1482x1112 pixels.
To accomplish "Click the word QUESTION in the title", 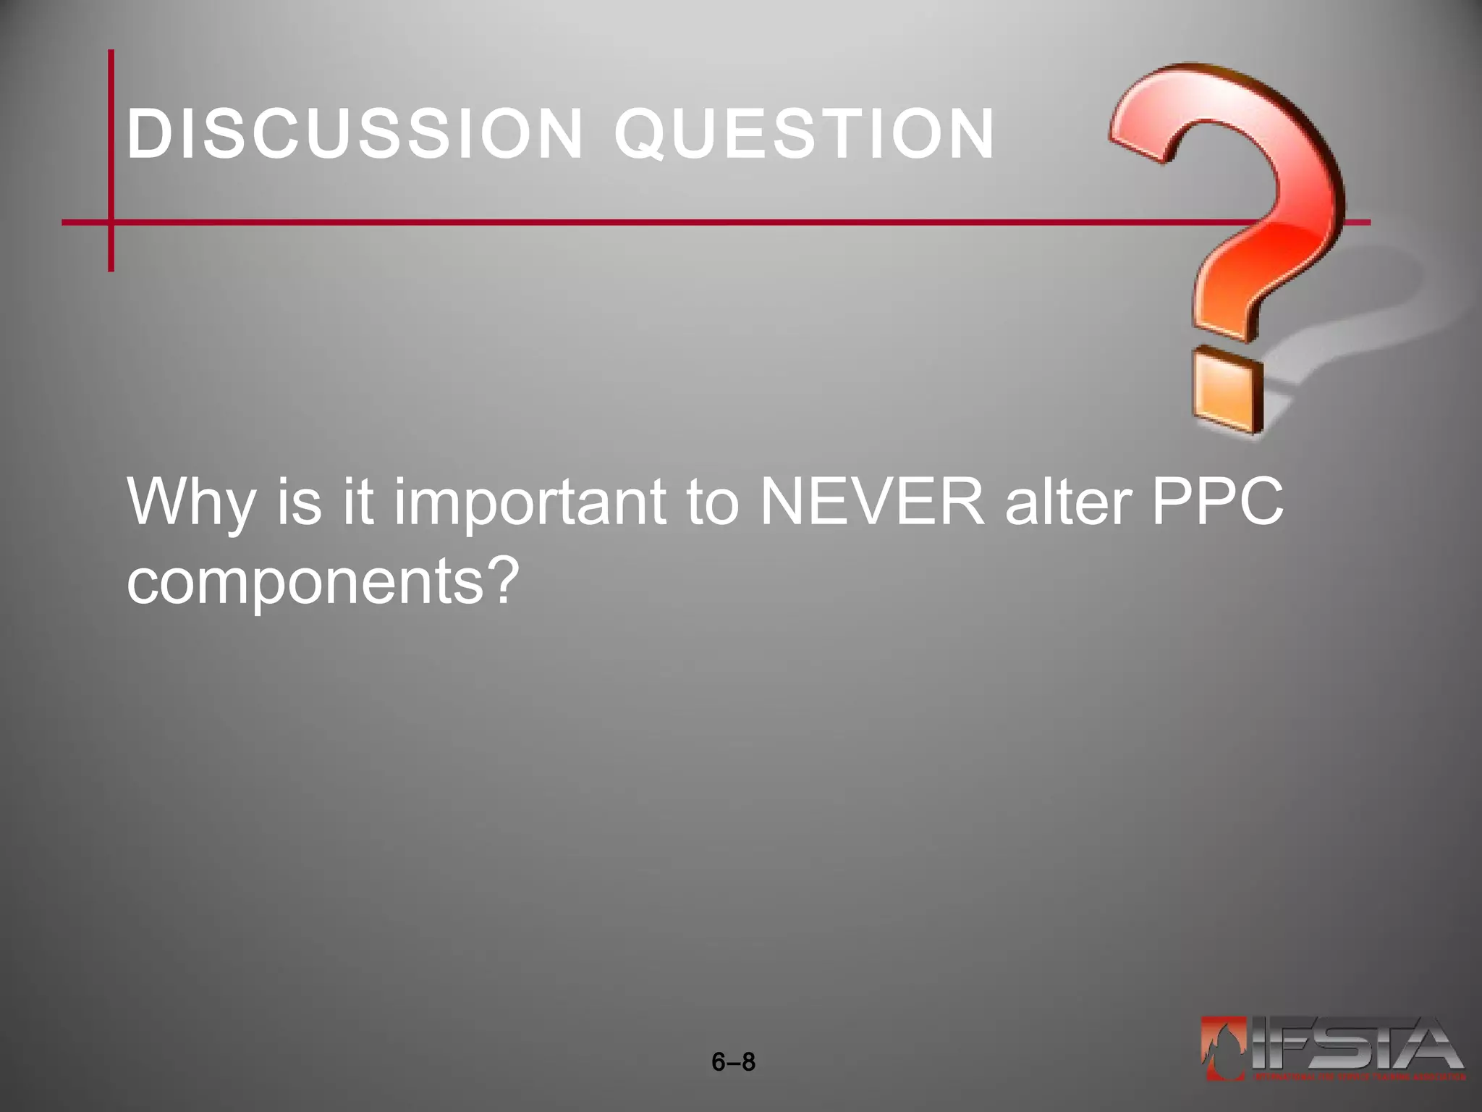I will (805, 135).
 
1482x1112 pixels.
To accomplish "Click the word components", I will (304, 584).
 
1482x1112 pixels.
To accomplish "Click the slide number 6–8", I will (733, 1062).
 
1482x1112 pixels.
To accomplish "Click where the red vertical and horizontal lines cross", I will (111, 222).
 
